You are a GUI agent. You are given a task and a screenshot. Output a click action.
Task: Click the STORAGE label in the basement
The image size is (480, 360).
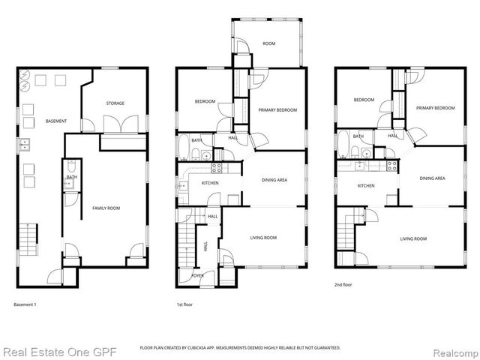[115, 103]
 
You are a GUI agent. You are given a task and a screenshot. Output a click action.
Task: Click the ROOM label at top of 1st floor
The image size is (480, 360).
[268, 44]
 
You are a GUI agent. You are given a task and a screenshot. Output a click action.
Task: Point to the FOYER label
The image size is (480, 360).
[197, 275]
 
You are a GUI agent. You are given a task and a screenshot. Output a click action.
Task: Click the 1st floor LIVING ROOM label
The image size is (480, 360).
[263, 238]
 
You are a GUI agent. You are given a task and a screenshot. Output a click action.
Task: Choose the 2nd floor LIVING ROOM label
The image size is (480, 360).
[413, 238]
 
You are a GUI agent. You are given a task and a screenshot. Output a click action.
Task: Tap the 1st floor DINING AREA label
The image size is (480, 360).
[274, 180]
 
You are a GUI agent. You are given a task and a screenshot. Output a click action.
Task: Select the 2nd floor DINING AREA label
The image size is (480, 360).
[432, 178]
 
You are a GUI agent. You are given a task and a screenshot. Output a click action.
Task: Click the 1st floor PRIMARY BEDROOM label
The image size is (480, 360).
[277, 110]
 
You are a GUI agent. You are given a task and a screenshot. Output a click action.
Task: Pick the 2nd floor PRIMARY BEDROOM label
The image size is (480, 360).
[436, 108]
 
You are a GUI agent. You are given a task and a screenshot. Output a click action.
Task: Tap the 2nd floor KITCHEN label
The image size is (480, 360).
[366, 185]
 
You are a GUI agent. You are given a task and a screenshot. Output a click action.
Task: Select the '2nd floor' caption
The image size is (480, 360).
[343, 285]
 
